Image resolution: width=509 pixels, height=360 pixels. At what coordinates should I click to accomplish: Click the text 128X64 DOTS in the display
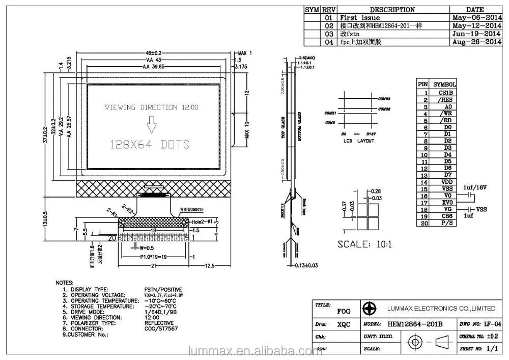(150, 144)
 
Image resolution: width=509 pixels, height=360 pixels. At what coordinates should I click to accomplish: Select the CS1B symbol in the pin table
(443, 93)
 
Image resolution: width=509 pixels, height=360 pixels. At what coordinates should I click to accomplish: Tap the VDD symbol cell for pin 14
(443, 182)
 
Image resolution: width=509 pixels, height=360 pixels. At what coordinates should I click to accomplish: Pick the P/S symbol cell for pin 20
(443, 223)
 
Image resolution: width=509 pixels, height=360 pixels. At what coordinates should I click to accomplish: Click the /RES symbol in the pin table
(443, 100)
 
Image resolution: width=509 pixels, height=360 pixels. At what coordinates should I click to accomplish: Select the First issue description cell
(360, 18)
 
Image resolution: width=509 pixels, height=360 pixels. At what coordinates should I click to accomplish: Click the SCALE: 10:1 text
(364, 244)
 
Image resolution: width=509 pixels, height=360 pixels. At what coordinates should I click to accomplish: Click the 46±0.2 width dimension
(154, 53)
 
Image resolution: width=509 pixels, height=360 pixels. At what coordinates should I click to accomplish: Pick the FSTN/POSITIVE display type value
(163, 289)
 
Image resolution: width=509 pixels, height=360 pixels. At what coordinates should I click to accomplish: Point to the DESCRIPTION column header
(392, 10)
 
